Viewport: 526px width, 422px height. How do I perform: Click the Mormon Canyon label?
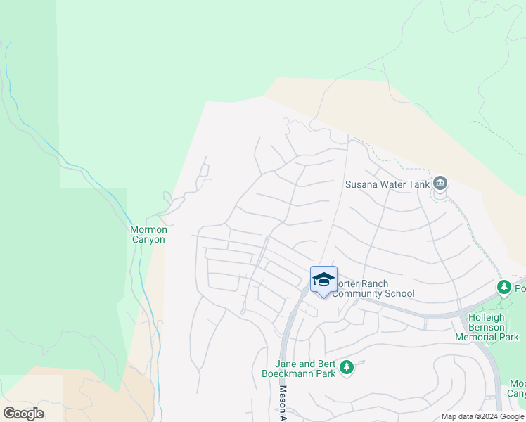point(148,234)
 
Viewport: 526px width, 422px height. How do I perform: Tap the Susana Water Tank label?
point(387,185)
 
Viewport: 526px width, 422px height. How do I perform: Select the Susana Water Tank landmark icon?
point(440,184)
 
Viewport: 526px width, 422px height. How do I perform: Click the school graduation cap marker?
point(323,280)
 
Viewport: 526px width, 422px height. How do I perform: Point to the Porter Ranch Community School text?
point(373,288)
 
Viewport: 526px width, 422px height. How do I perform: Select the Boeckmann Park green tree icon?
point(346,367)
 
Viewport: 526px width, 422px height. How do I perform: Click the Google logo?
point(23,413)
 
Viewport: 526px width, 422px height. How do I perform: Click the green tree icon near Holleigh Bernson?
point(503,287)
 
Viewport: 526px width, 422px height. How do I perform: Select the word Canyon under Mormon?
point(148,239)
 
